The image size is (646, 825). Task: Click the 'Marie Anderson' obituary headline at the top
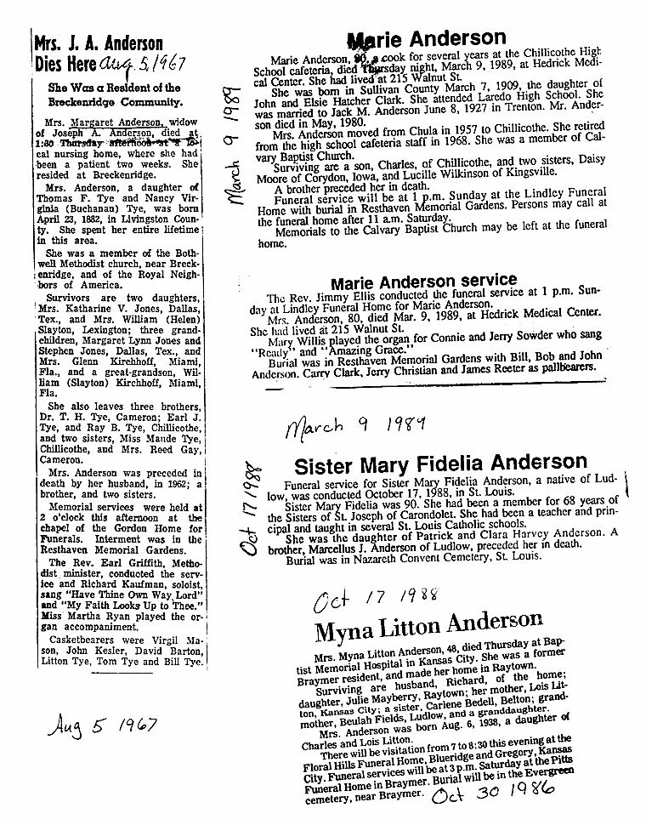click(427, 40)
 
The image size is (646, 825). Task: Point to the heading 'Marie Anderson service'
click(422, 282)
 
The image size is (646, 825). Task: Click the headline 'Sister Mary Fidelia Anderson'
click(439, 464)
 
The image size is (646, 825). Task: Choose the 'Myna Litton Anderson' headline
click(428, 630)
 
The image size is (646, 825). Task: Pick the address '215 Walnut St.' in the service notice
click(358, 325)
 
